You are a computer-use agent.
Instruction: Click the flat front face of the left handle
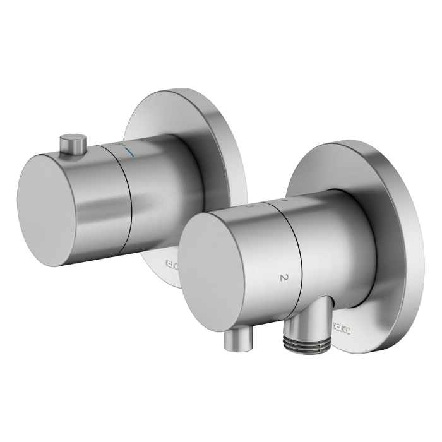pos(48,209)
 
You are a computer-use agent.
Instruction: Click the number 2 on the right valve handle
pos(283,277)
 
